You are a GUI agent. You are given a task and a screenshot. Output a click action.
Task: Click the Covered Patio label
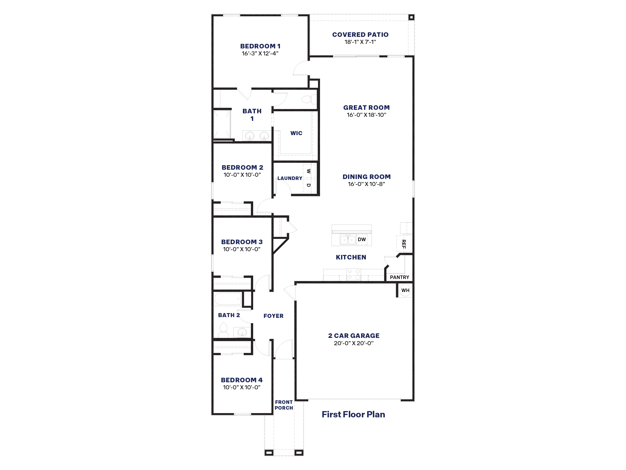[360, 35]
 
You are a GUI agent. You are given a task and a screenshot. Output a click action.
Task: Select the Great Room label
[367, 108]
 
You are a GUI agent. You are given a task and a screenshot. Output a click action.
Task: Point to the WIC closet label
[296, 133]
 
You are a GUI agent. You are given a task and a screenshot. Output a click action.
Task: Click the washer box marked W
[309, 171]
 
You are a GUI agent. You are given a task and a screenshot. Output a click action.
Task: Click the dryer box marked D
[309, 185]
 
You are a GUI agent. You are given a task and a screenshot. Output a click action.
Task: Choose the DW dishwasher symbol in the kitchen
[362, 239]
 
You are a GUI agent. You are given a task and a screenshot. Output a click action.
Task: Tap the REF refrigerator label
[404, 244]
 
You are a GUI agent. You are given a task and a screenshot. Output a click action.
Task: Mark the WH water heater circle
[405, 290]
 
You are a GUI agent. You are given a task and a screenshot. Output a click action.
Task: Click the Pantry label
[400, 277]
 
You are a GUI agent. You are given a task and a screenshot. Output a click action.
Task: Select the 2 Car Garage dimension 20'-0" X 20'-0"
[354, 343]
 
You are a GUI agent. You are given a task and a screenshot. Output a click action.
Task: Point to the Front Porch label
[284, 405]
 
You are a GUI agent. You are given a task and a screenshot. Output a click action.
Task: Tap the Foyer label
[273, 316]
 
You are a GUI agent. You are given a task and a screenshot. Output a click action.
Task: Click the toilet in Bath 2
[224, 330]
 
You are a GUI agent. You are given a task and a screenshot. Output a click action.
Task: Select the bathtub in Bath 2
[228, 299]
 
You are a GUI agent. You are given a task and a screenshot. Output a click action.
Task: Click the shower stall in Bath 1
[222, 124]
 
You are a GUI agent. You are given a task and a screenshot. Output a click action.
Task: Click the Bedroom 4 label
[242, 380]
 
